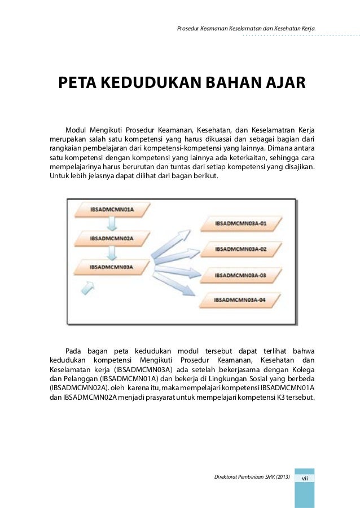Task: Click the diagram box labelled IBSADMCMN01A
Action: point(111,210)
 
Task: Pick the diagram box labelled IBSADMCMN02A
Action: point(111,238)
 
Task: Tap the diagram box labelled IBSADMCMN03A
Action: point(111,266)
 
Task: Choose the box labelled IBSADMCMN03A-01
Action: point(240,223)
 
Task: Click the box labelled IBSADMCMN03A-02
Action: point(240,249)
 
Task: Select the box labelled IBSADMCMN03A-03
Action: point(240,275)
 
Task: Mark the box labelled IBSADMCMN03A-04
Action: point(240,300)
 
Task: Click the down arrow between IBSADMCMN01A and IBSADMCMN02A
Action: point(112,224)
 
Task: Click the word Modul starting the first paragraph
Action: point(78,129)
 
